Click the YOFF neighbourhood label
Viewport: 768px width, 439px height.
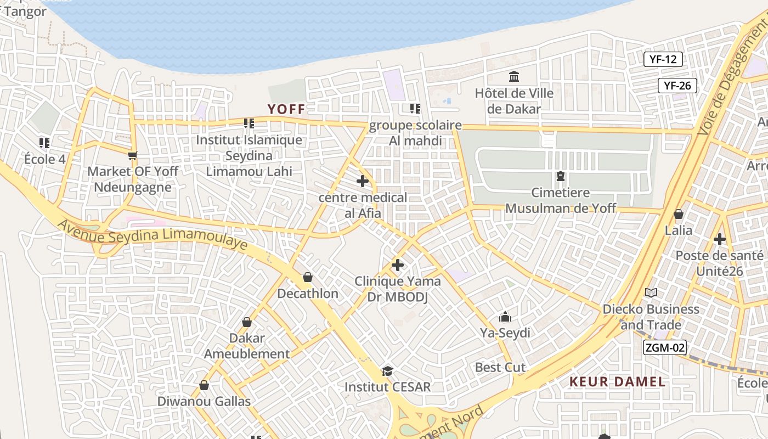(x=286, y=109)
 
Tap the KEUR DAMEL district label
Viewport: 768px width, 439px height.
(x=617, y=382)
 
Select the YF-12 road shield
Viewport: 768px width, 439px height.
(x=663, y=59)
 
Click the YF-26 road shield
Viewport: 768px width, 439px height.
(x=677, y=86)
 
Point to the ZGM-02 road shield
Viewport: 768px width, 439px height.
(x=664, y=347)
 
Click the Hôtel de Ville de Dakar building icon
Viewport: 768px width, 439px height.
(x=514, y=76)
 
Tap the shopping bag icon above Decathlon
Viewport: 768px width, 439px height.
(x=308, y=277)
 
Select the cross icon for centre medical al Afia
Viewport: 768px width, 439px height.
(x=363, y=181)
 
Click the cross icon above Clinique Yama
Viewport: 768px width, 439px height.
(x=398, y=266)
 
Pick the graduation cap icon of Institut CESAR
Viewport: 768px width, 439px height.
(x=387, y=371)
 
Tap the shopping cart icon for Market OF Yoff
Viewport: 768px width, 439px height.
(x=132, y=156)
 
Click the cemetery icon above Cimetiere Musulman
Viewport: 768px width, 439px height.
(x=560, y=177)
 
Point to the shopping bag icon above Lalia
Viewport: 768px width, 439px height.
(x=679, y=214)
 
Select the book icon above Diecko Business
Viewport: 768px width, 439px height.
(x=651, y=293)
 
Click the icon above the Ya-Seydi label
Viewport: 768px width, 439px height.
(x=505, y=317)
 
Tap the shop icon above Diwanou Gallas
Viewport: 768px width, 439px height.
(x=204, y=386)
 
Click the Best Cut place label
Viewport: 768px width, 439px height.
(x=500, y=367)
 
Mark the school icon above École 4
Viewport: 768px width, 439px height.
(x=44, y=143)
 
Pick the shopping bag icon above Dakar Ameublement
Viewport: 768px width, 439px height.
(x=247, y=322)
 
